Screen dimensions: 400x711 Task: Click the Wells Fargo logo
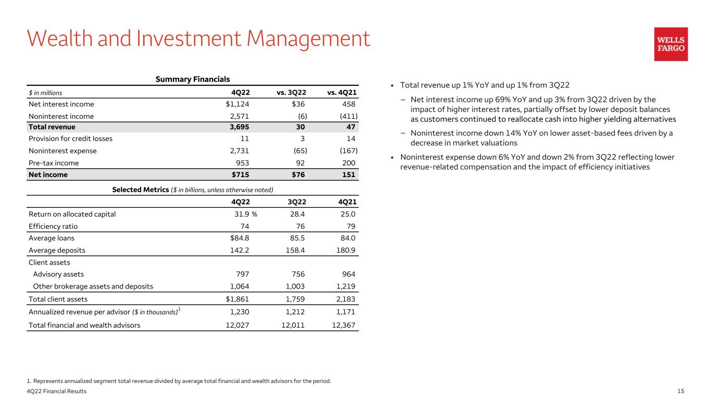(x=671, y=44)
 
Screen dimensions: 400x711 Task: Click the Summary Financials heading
(x=193, y=79)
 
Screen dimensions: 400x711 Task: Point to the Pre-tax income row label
(x=54, y=163)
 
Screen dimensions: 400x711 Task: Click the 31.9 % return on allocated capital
(x=246, y=214)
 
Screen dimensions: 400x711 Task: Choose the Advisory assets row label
(x=58, y=274)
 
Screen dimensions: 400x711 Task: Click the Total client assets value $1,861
(x=237, y=299)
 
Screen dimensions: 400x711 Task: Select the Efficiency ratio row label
(x=53, y=226)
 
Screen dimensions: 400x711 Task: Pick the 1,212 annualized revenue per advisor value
(x=294, y=312)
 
